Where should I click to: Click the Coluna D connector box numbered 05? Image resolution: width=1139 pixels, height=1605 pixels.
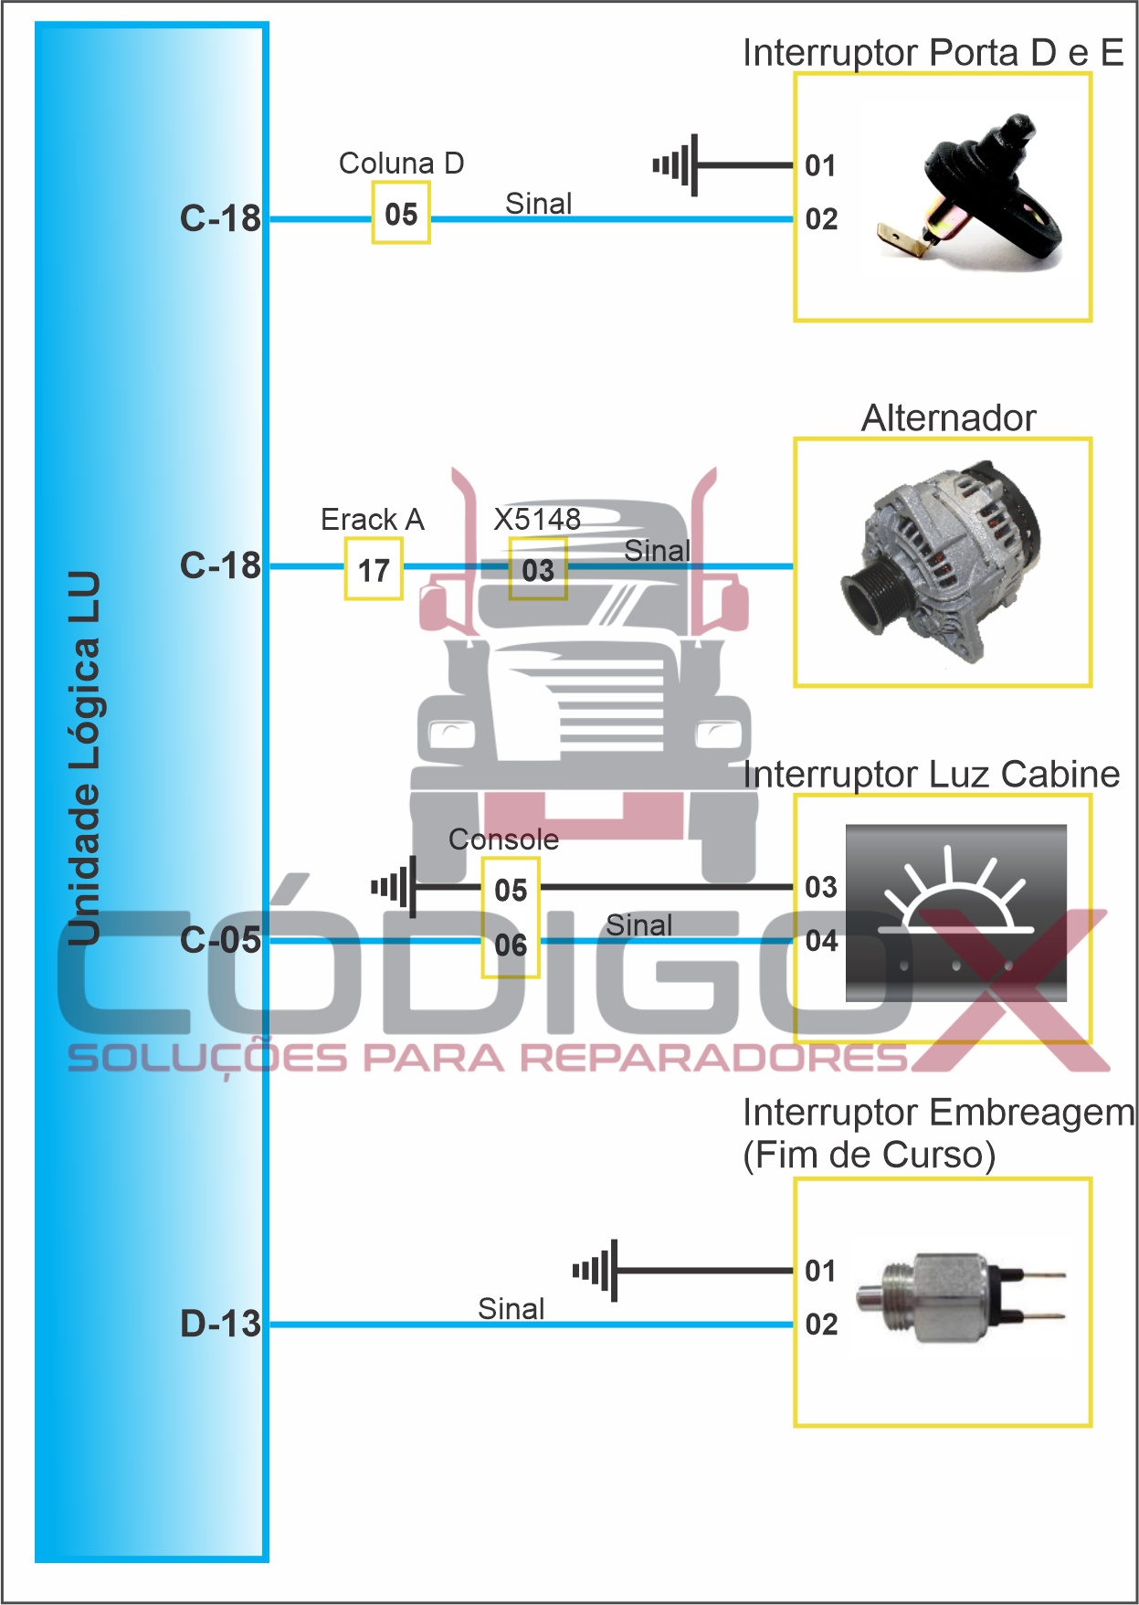(401, 214)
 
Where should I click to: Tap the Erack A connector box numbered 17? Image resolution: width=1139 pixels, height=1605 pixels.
(374, 570)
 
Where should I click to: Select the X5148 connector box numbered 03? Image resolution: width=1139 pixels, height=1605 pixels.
(538, 570)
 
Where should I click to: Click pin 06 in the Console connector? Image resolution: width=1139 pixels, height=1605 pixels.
(511, 945)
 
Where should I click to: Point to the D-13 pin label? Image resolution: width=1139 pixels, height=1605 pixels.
(220, 1324)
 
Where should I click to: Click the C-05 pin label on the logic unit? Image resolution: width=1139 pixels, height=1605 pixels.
(220, 940)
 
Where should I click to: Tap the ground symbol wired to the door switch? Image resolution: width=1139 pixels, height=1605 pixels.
(676, 165)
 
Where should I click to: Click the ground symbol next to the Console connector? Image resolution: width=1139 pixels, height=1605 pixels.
(395, 886)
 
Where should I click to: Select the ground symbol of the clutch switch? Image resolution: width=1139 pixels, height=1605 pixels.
(596, 1270)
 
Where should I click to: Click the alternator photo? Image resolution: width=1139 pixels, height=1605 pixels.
(942, 562)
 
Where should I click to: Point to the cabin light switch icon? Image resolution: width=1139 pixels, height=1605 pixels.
(955, 913)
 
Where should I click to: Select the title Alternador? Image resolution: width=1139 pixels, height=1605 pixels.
(948, 418)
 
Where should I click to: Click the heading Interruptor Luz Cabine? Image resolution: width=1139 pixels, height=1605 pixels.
(931, 775)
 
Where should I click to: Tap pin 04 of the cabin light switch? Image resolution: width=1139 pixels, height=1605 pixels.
(821, 940)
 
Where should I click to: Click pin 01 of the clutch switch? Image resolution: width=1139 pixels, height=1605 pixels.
(821, 1271)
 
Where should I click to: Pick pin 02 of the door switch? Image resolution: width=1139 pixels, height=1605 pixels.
(821, 219)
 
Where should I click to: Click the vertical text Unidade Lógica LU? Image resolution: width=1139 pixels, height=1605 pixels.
(85, 758)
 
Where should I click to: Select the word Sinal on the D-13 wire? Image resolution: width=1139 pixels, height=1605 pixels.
(511, 1309)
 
